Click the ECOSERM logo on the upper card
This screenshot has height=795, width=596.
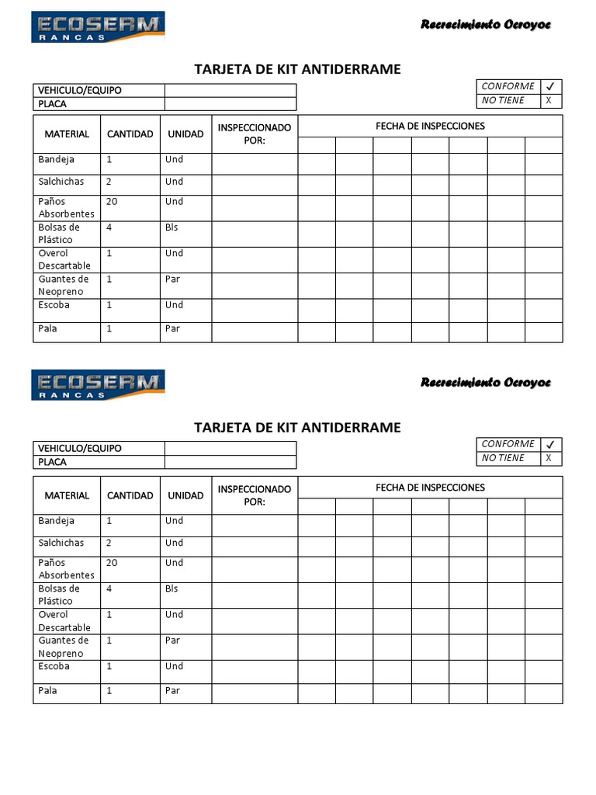pyautogui.click(x=98, y=26)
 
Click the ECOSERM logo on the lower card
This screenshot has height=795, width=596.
pyautogui.click(x=98, y=384)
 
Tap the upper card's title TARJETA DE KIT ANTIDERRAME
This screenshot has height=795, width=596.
pyautogui.click(x=297, y=69)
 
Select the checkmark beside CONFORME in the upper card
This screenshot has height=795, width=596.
pyautogui.click(x=549, y=87)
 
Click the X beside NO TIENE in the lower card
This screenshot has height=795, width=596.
pyautogui.click(x=549, y=458)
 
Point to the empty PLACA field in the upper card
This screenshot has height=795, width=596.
pyautogui.click(x=230, y=104)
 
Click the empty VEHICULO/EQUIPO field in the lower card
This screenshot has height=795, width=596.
pyautogui.click(x=230, y=448)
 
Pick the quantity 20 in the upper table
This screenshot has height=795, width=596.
pyautogui.click(x=112, y=202)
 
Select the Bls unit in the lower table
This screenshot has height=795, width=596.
pyautogui.click(x=172, y=589)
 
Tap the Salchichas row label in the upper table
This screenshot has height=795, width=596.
pyautogui.click(x=61, y=182)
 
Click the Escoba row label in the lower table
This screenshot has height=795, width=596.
pyautogui.click(x=54, y=667)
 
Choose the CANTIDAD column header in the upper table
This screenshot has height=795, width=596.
pyautogui.click(x=130, y=134)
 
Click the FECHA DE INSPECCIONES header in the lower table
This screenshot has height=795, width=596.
pyautogui.click(x=430, y=488)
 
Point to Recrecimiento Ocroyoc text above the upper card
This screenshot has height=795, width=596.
pyautogui.click(x=485, y=25)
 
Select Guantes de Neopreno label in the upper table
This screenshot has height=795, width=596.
pyautogui.click(x=64, y=286)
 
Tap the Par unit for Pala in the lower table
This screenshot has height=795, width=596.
pyautogui.click(x=172, y=691)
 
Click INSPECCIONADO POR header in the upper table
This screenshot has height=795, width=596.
pyautogui.click(x=255, y=134)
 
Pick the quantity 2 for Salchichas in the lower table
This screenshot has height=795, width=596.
pyautogui.click(x=109, y=543)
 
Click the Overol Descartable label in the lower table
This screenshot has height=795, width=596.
pyautogui.click(x=64, y=621)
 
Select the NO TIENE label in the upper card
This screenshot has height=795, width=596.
pyautogui.click(x=503, y=101)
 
